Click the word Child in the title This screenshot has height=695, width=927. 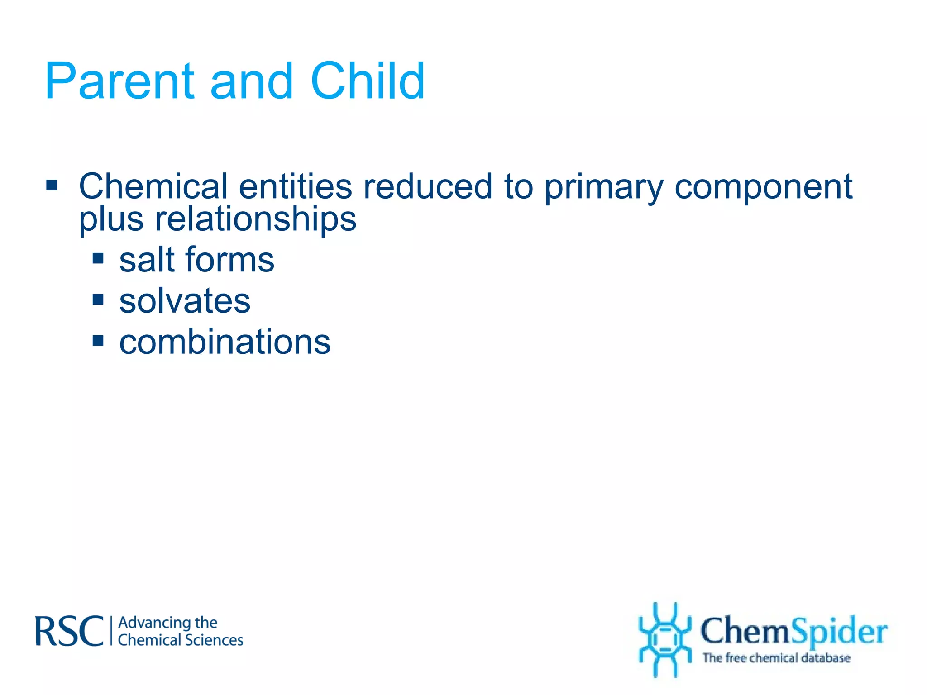coord(368,81)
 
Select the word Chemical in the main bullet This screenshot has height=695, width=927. coord(153,186)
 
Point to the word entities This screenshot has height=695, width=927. coord(295,186)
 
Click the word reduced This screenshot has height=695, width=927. coord(428,186)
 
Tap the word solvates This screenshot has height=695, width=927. coord(185,301)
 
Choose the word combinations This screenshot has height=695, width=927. coord(225,342)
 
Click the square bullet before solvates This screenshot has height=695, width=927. coord(98,300)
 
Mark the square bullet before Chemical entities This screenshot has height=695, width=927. coord(52,185)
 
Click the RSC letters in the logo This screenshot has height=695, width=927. coord(69,631)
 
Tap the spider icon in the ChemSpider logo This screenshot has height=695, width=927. coord(664,639)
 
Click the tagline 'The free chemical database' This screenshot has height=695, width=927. coord(776,657)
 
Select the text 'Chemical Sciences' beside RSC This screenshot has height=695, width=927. coord(180,640)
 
